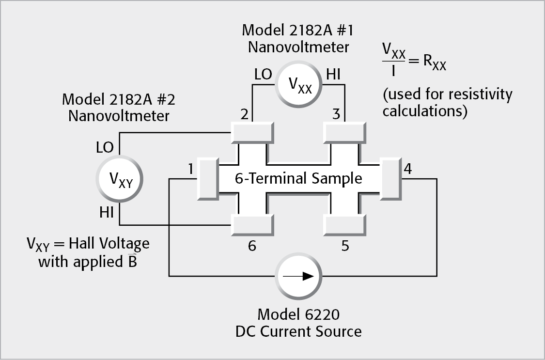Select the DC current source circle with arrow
click(299, 277)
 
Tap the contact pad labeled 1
click(207, 177)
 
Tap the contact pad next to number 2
click(252, 133)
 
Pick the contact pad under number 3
click(344, 133)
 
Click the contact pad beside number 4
click(390, 177)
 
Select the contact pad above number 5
click(344, 224)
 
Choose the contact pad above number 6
click(252, 224)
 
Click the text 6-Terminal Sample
click(298, 178)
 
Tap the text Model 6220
click(298, 314)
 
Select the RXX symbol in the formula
click(434, 63)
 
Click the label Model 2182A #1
click(298, 30)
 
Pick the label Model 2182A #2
click(119, 100)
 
